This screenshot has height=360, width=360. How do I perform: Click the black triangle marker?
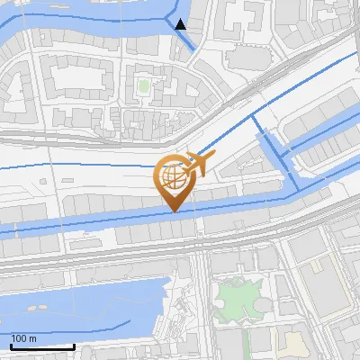(181, 24)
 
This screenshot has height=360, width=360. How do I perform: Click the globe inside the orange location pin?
(173, 176)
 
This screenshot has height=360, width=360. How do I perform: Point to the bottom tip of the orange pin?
(174, 211)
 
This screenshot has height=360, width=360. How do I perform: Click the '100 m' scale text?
(23, 338)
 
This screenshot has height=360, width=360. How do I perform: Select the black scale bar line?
(41, 346)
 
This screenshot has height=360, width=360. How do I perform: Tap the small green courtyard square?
(143, 87)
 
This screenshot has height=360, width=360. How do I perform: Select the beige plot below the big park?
(293, 342)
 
